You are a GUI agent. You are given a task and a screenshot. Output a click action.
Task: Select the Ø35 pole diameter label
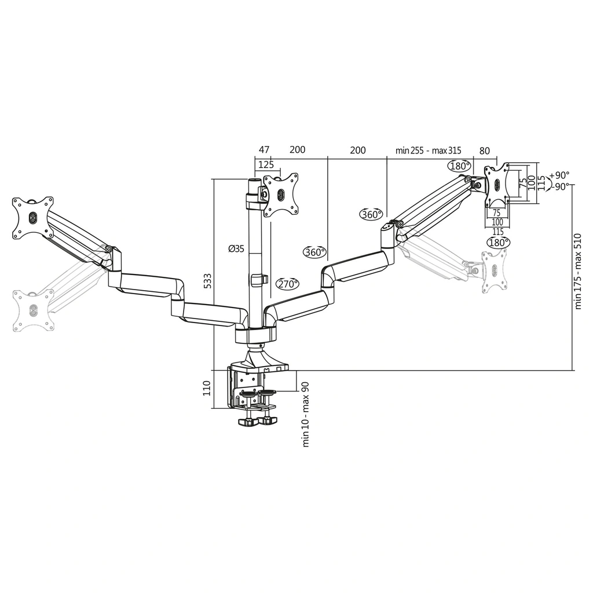[x=236, y=248]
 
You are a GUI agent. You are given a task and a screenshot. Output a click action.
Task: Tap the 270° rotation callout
[x=287, y=284]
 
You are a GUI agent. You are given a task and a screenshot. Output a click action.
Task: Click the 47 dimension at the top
[x=263, y=151]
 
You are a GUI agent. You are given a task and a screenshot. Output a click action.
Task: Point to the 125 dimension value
[x=266, y=164]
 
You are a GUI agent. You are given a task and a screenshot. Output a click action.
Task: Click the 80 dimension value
[x=484, y=151]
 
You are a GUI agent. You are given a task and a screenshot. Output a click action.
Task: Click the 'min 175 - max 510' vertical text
[x=577, y=271]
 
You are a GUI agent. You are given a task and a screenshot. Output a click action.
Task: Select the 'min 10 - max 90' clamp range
[x=306, y=413]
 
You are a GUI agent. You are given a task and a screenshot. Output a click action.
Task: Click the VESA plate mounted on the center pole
[x=281, y=195]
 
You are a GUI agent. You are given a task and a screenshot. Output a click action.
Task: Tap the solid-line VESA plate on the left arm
[x=33, y=218]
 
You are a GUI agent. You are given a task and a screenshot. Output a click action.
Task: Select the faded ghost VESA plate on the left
[x=33, y=310]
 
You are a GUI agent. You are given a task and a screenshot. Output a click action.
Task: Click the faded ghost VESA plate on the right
[x=494, y=270]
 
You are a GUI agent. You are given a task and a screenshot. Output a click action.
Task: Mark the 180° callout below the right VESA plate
[x=497, y=243]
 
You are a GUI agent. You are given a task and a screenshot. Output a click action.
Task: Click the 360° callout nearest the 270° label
[x=314, y=252]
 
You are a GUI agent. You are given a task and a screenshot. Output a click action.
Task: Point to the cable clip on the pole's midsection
[x=259, y=280]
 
